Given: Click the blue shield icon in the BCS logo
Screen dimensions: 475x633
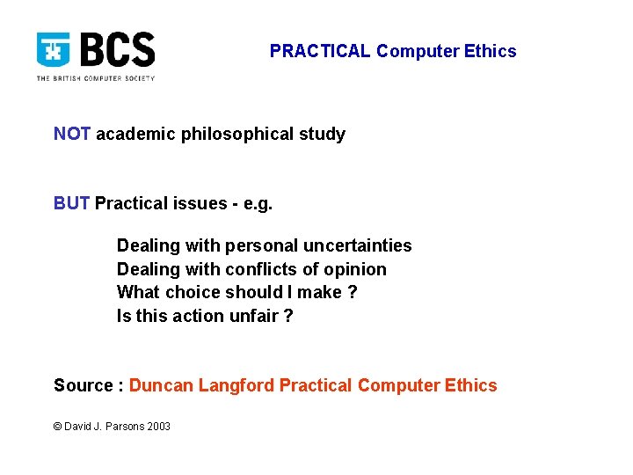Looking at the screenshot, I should (x=54, y=51).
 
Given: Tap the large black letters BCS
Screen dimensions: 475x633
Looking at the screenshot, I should (x=117, y=50).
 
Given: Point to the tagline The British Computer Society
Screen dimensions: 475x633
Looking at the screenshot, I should (x=95, y=78).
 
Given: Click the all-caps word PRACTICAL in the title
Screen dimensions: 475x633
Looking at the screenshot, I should (x=320, y=51).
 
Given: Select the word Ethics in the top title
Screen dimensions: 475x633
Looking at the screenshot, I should (x=491, y=51).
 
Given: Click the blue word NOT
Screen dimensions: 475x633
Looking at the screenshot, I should (x=72, y=134).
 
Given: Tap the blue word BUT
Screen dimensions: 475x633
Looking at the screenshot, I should (x=72, y=203).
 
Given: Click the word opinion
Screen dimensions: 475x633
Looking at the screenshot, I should (x=354, y=269).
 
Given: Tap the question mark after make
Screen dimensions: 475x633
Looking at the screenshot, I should (x=353, y=292).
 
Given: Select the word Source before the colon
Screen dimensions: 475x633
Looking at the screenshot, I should (x=84, y=385).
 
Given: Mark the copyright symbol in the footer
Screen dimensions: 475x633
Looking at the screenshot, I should (x=58, y=427).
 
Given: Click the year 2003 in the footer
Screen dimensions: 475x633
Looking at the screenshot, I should (x=159, y=427).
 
